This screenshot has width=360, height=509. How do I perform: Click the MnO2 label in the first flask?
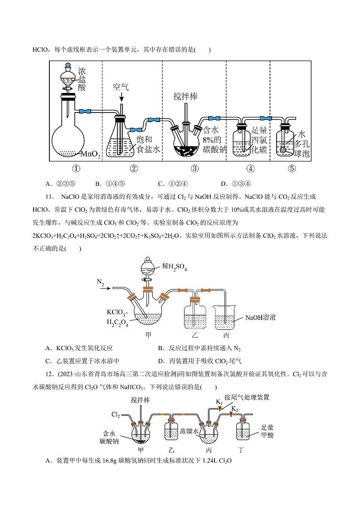click(x=90, y=155)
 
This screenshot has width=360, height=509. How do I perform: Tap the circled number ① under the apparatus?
click(x=76, y=169)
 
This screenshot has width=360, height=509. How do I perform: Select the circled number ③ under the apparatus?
click(x=194, y=169)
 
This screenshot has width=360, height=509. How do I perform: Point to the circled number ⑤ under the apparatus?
click(x=292, y=169)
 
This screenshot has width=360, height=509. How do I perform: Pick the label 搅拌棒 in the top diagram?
click(x=185, y=97)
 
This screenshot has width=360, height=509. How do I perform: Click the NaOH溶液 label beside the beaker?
click(x=260, y=318)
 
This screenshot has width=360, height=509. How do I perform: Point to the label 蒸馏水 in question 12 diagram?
click(x=189, y=431)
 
